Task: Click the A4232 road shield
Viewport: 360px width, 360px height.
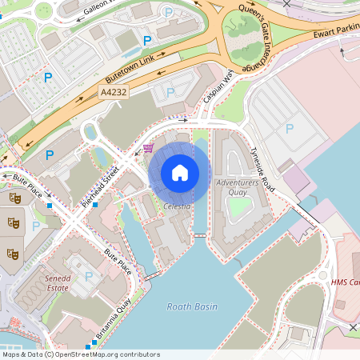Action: (114, 93)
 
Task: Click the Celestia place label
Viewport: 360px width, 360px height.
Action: (177, 206)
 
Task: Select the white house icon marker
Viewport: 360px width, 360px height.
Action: (180, 172)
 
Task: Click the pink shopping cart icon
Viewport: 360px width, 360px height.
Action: (148, 148)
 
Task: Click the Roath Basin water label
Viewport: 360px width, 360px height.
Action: (190, 306)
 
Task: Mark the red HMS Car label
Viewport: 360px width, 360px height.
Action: (345, 282)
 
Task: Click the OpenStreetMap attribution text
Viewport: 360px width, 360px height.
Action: (80, 354)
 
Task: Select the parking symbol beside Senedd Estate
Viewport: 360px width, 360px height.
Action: (89, 276)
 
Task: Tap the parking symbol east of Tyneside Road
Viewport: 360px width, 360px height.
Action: (290, 128)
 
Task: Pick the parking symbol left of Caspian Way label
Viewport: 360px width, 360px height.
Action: (170, 93)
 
